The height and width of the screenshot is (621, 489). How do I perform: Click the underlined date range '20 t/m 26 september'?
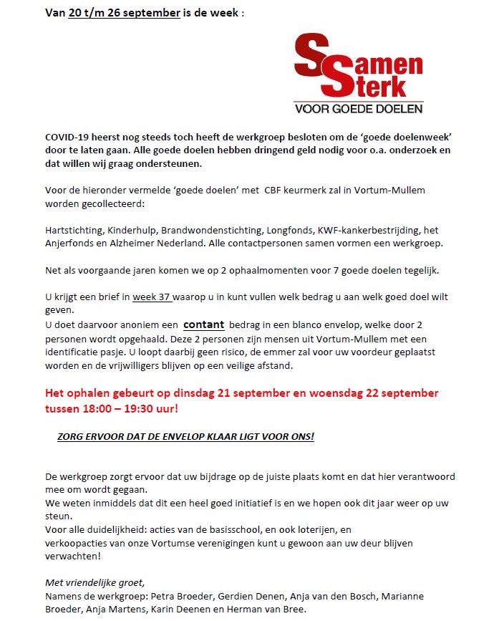(124, 13)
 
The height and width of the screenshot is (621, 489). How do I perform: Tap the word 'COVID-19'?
(69, 135)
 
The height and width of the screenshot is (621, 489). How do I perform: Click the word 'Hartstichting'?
(74, 230)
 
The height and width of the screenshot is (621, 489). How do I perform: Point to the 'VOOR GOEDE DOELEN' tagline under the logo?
(359, 109)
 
